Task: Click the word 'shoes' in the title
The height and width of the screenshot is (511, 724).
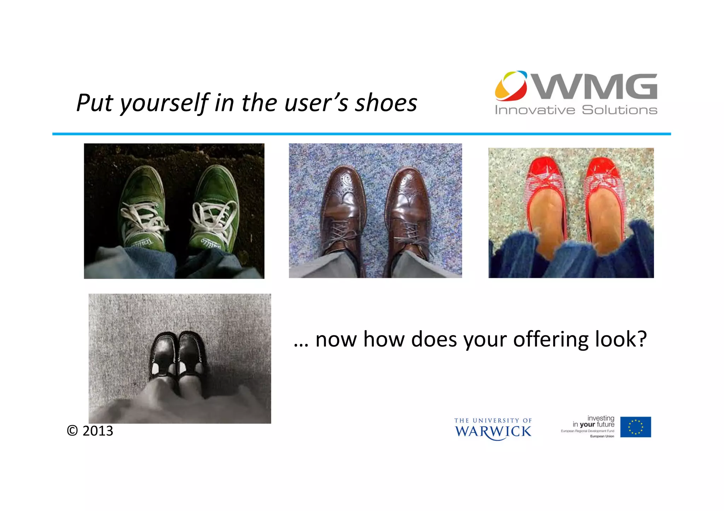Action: pos(386,103)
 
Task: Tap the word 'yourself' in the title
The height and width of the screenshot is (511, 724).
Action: pos(165,103)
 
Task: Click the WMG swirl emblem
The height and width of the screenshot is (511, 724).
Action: pos(511,86)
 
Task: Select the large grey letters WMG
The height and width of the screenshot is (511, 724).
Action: pos(596,87)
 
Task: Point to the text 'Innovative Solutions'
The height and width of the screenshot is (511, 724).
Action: pos(576,110)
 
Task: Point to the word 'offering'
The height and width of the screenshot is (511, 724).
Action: pos(551,340)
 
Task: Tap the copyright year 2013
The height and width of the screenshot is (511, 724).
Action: pos(98,431)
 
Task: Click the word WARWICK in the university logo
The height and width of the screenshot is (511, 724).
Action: pos(493,432)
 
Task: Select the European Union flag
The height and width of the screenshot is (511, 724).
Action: pos(635,427)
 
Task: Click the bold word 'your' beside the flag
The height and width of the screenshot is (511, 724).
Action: pos(587,425)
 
